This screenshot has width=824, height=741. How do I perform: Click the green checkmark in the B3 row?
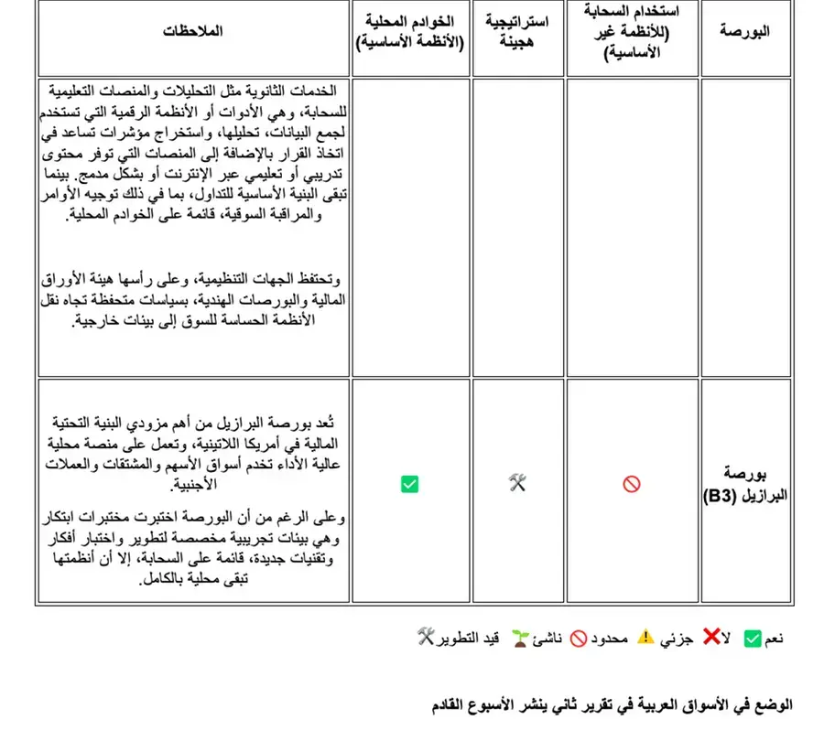click(409, 484)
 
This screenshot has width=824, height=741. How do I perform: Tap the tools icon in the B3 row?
click(517, 484)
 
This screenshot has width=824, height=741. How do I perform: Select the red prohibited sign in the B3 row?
click(632, 484)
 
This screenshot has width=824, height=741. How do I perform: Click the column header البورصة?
click(744, 31)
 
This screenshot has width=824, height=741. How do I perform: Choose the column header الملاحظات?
click(193, 31)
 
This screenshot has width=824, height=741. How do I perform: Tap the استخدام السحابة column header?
click(632, 31)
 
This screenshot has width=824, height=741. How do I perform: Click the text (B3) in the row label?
click(726, 496)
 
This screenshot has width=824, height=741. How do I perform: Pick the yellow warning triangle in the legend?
click(646, 638)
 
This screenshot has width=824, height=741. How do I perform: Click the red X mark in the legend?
click(710, 638)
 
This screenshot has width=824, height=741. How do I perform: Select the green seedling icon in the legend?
click(520, 638)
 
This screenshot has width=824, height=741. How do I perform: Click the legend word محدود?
click(610, 639)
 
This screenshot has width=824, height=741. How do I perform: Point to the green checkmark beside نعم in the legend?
click(753, 639)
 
